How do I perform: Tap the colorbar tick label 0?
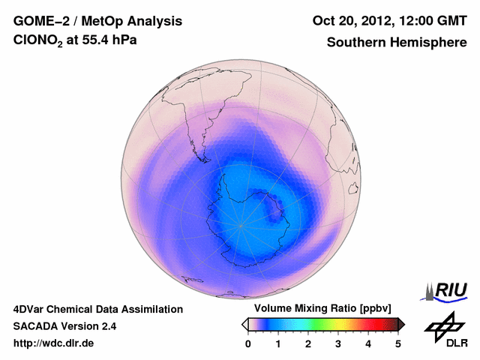point(248,343)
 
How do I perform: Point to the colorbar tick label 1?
point(278,343)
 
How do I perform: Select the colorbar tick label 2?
point(308,343)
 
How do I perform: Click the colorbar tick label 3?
point(338,343)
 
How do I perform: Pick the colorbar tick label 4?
point(368,343)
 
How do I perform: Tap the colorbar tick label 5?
point(398,343)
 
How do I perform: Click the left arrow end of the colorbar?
point(244,324)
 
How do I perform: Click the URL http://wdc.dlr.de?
point(54,343)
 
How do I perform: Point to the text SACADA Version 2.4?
point(64,326)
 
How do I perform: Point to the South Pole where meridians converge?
point(241,224)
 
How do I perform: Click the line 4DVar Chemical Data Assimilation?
point(97,309)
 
